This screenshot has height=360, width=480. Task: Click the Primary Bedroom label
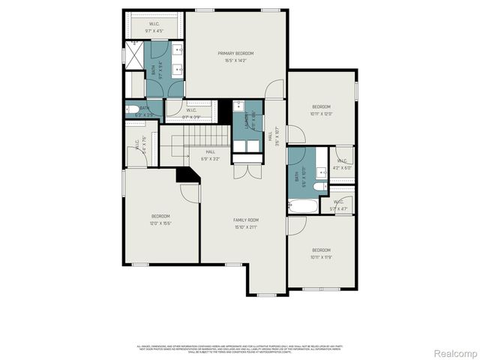235,53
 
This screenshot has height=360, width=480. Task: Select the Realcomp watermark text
456,352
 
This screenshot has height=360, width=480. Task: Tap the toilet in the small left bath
131,109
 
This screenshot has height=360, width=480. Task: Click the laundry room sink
237,105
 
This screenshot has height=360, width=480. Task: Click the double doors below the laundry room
244,170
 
